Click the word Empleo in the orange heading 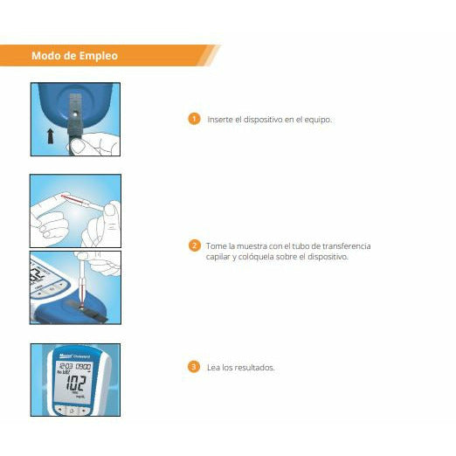coord(98,57)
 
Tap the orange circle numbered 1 coord(194,118)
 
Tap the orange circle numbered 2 coord(194,245)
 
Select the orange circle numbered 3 coord(194,367)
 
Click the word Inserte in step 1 coord(218,119)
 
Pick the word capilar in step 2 coord(218,258)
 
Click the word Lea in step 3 coord(212,368)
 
